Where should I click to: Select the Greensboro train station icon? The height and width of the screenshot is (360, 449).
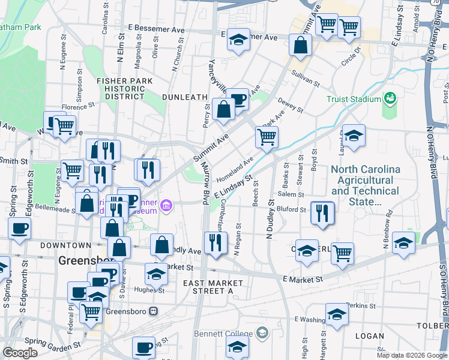pyautogui.click(x=154, y=311)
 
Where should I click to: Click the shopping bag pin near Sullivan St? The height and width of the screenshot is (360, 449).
pyautogui.click(x=300, y=44)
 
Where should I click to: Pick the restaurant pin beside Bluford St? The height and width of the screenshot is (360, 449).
pyautogui.click(x=323, y=213)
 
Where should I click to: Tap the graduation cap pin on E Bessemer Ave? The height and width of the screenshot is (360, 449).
pyautogui.click(x=238, y=41)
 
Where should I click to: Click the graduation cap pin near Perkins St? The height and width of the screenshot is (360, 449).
pyautogui.click(x=337, y=315)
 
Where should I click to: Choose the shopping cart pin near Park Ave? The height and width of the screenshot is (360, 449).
pyautogui.click(x=267, y=137)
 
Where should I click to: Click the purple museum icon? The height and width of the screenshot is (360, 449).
pyautogui.click(x=166, y=208)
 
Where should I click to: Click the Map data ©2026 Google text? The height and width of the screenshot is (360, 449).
pyautogui.click(x=411, y=355)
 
